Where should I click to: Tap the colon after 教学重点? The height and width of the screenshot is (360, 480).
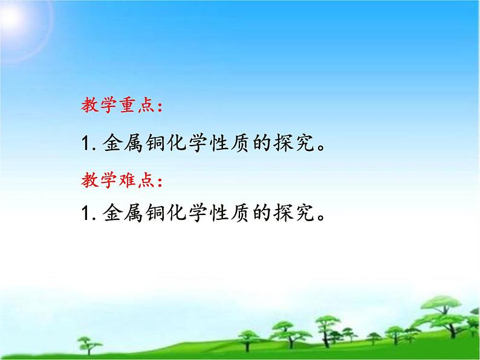159,108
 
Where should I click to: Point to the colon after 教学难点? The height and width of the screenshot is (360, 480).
159,181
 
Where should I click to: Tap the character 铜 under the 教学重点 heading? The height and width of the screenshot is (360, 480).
160,145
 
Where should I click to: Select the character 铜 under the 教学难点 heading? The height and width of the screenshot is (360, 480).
160,213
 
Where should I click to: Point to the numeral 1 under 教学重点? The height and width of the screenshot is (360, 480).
84,146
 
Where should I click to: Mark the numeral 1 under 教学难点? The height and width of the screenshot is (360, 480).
84,213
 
